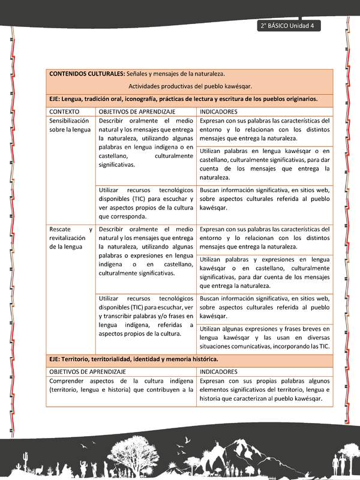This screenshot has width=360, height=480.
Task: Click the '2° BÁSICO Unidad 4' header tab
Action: (290, 26)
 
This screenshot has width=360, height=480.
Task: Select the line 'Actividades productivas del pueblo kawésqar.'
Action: (190, 86)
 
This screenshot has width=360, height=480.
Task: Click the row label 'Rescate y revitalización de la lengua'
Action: (71, 238)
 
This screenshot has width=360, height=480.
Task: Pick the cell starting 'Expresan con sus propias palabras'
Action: (265, 389)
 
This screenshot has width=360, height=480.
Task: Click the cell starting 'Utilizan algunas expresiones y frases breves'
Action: (265, 338)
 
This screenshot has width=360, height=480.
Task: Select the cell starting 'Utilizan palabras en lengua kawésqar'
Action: (265, 164)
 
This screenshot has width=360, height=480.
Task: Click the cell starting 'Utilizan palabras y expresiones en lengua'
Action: (265, 272)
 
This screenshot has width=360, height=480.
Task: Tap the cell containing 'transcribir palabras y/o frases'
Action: (146, 316)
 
